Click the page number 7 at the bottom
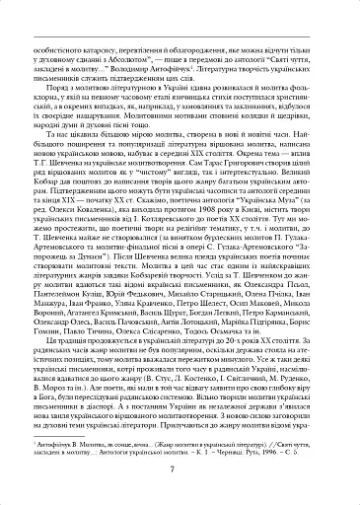pyautogui.click(x=180, y=468)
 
